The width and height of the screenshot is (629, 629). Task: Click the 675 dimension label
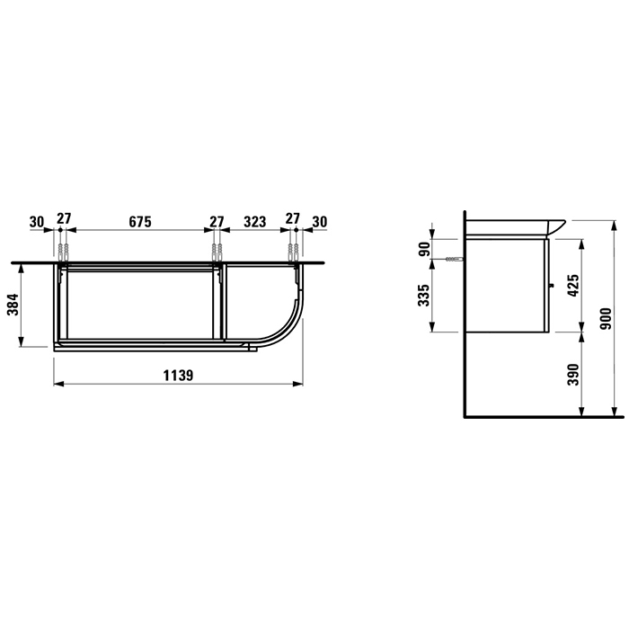(138, 220)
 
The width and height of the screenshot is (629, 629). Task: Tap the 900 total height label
(607, 318)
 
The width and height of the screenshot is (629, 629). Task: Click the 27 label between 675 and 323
(217, 220)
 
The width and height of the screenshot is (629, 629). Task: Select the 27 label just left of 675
(63, 220)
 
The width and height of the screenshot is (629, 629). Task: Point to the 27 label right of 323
(293, 220)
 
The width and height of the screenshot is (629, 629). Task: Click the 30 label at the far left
(37, 220)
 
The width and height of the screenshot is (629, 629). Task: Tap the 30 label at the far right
(319, 220)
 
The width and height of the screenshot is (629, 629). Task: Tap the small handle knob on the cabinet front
(550, 288)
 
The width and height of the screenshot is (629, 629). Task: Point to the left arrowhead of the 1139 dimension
(58, 385)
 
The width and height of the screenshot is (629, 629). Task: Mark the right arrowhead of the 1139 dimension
(301, 385)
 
